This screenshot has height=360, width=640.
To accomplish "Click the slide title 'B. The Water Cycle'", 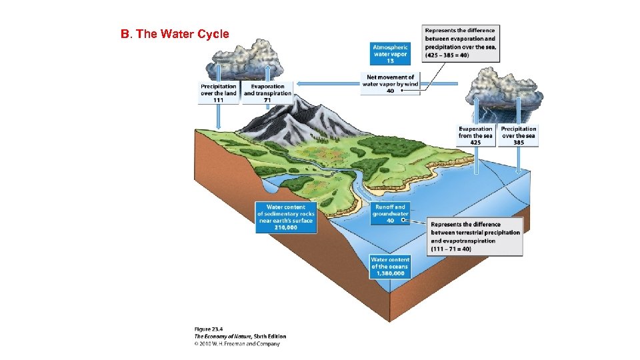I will (175, 34).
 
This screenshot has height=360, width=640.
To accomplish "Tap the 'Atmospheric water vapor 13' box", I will (390, 53).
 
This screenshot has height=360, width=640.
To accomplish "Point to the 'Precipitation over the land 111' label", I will (219, 93).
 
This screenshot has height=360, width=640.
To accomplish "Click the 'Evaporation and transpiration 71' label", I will (267, 93).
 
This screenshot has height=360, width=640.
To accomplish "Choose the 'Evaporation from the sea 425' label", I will (475, 135).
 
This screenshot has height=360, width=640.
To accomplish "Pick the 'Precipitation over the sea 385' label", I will (519, 135).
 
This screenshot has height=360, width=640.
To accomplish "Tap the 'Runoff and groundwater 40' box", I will (390, 213).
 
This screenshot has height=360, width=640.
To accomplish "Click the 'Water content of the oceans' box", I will (390, 266).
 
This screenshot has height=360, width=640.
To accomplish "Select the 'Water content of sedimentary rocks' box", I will (285, 217).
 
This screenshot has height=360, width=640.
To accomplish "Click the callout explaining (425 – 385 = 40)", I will (461, 43).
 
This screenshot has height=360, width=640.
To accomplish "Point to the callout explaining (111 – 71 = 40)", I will (475, 237).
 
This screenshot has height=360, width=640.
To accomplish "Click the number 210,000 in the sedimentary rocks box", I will (285, 227).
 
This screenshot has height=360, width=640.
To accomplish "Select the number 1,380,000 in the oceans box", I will (390, 273).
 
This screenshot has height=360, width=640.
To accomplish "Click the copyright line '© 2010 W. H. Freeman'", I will (237, 344).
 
